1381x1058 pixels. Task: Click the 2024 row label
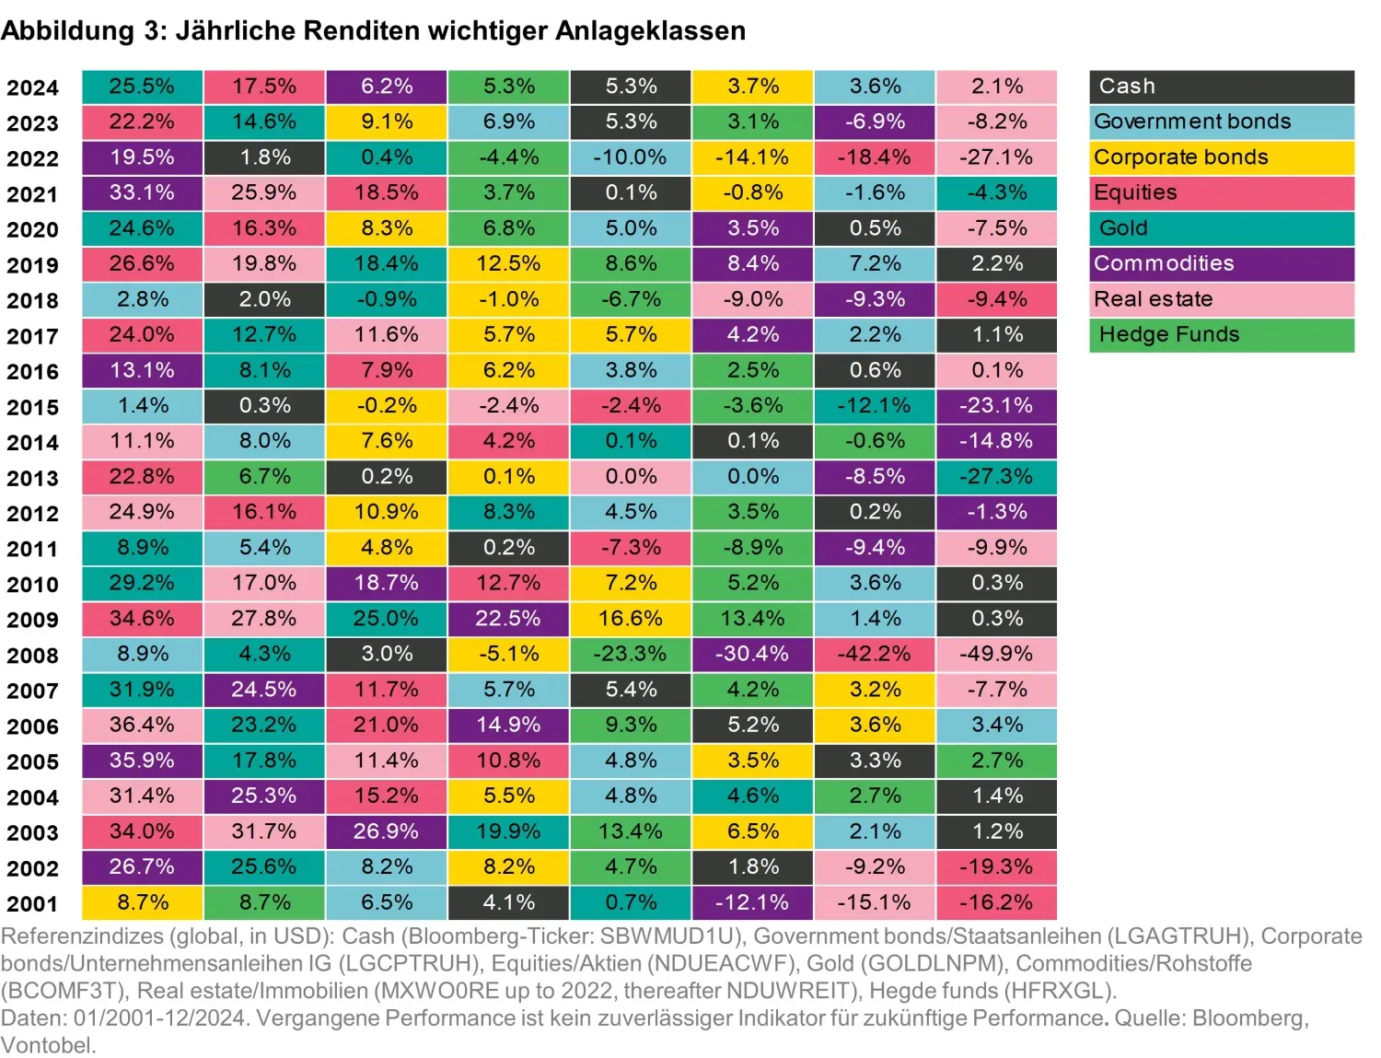[32, 87]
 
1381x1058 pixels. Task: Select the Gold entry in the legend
[1221, 228]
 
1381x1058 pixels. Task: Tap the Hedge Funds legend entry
[1221, 335]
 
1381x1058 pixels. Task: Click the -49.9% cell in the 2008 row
[996, 655]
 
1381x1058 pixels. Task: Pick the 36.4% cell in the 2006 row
[142, 726]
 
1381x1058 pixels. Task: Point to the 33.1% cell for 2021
[142, 193]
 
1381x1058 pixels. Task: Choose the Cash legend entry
[1221, 87]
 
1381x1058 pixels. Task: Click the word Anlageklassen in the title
[650, 30]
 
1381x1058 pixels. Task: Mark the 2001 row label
[32, 904]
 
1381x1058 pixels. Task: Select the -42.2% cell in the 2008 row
[874, 655]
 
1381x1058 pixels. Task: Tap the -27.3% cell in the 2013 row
[996, 477]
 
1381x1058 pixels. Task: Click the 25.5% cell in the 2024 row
[142, 87]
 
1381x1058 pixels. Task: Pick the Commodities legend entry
[1221, 264]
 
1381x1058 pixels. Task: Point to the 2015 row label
[32, 407]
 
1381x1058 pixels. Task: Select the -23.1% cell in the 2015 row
[996, 406]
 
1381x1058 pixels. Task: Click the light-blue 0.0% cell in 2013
[752, 477]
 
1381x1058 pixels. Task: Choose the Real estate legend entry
[1221, 299]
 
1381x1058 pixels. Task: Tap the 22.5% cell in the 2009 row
[508, 619]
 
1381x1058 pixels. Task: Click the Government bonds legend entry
[1221, 122]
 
